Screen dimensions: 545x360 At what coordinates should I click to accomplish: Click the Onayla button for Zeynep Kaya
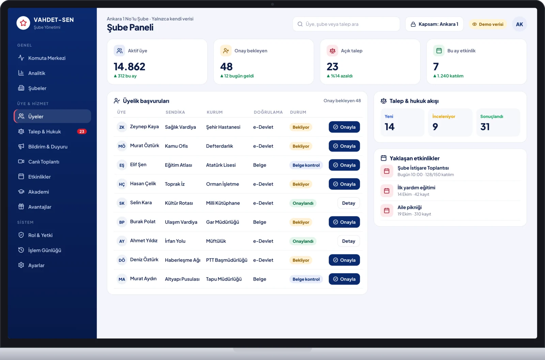click(x=344, y=127)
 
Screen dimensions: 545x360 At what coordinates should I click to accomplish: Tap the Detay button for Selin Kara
click(x=348, y=203)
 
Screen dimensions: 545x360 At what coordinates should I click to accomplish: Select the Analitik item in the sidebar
click(x=36, y=73)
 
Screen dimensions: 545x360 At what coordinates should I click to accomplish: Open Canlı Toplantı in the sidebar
click(x=44, y=161)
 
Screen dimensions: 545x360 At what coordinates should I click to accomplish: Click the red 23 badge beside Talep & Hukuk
click(x=82, y=131)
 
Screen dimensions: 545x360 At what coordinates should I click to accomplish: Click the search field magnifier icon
click(x=300, y=24)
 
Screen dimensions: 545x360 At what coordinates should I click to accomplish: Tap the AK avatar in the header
click(x=519, y=24)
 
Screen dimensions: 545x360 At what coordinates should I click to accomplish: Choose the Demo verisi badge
click(x=487, y=24)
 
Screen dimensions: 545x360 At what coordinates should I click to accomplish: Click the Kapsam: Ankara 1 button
click(x=434, y=24)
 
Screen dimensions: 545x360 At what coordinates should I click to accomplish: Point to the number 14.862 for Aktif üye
click(x=129, y=66)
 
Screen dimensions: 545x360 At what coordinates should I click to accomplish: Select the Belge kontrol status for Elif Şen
click(x=306, y=165)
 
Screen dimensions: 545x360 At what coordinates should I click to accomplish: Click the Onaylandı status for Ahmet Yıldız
click(x=303, y=241)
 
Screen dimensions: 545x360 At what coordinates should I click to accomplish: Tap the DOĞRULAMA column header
click(x=268, y=112)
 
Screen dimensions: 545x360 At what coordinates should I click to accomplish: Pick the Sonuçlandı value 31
click(x=485, y=127)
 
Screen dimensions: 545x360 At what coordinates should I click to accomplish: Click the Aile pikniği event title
click(x=409, y=207)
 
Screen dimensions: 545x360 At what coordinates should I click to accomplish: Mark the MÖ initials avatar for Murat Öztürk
click(x=122, y=146)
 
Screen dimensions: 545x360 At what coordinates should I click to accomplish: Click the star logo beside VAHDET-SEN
click(x=23, y=23)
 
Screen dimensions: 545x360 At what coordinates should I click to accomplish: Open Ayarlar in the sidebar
click(x=36, y=265)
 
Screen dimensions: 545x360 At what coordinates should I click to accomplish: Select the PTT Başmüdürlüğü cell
click(x=227, y=260)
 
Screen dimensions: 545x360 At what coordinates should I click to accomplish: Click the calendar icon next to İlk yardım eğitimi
click(x=387, y=191)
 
